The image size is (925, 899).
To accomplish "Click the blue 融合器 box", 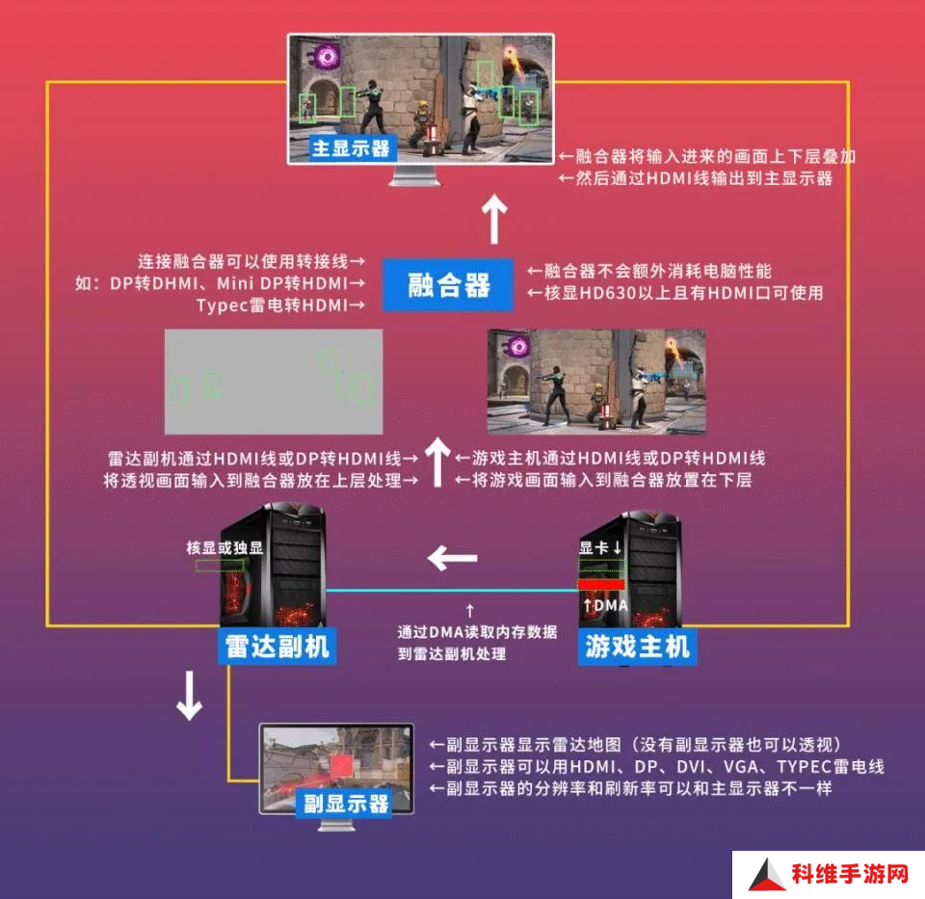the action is [x=448, y=285].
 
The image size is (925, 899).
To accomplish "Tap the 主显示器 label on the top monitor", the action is [x=352, y=148].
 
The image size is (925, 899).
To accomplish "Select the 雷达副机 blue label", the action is [x=277, y=647].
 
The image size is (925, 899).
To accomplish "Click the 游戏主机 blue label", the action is [x=637, y=647].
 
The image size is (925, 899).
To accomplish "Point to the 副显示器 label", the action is [x=345, y=804].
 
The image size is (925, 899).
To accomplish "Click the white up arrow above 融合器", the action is [x=494, y=219].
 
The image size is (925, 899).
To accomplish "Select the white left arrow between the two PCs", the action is [x=453, y=558].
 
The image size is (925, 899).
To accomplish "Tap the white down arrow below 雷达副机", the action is [x=190, y=696].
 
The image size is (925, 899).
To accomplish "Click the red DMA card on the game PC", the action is [x=601, y=584].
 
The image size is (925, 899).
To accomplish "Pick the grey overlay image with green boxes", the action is [x=274, y=382].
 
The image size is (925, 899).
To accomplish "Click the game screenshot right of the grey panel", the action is [x=596, y=382].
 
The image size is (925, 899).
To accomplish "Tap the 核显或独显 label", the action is [x=225, y=548].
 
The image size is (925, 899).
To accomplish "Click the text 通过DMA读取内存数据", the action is [x=477, y=632].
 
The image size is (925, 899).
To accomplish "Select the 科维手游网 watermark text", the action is [x=850, y=874].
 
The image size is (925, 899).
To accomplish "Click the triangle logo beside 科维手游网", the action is [x=767, y=876].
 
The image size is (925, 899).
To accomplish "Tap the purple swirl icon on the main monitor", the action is [x=327, y=57].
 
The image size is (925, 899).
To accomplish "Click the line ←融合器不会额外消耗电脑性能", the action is [x=649, y=272].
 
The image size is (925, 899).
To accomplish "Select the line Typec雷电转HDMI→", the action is [x=280, y=305].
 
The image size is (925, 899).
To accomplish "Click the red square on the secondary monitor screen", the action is [x=341, y=766].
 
